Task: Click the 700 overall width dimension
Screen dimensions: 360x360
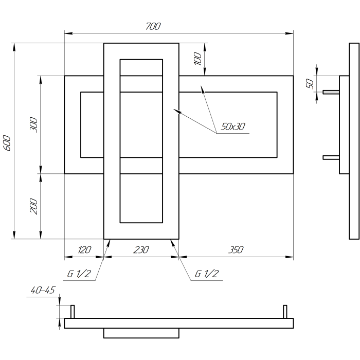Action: (153, 26)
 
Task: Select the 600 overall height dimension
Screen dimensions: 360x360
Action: (8, 143)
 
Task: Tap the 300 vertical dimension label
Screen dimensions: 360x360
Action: (33, 124)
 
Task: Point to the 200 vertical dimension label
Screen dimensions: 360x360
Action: (33, 206)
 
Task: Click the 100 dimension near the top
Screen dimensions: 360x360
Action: (197, 59)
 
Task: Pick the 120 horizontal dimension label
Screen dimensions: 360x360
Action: (84, 250)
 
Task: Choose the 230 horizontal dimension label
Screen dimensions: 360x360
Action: (141, 250)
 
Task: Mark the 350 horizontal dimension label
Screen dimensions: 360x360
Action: (236, 250)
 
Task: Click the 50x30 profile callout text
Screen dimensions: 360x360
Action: (233, 127)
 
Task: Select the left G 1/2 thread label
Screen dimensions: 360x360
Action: (79, 274)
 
